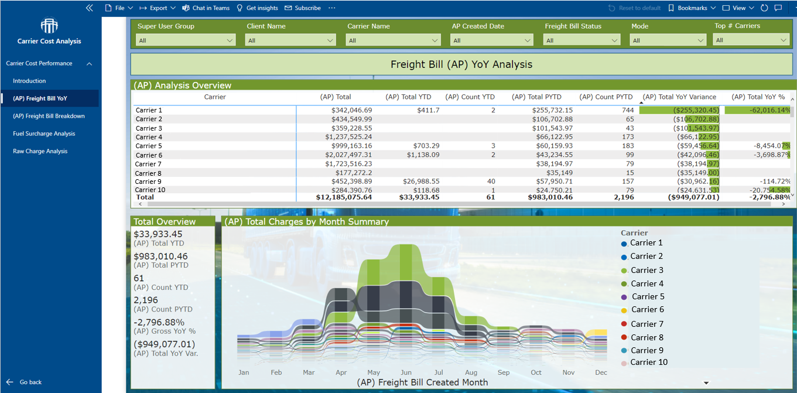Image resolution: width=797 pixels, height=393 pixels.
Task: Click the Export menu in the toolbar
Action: coord(158,8)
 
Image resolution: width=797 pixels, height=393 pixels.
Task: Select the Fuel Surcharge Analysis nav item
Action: coord(44,134)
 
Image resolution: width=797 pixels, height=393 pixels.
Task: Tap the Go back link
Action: coord(30,382)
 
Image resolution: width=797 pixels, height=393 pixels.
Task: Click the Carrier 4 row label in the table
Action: coord(149,137)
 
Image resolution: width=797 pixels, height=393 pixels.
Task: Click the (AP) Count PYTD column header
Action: coord(606,97)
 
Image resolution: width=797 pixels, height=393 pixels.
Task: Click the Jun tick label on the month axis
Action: coord(406,373)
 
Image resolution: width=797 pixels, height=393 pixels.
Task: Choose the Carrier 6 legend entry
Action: coord(647,310)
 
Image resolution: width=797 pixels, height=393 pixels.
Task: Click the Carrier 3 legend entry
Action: coord(647,270)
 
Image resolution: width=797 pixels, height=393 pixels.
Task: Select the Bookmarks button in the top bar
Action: coord(692,8)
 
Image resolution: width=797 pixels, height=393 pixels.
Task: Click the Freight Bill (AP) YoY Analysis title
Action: coord(461,64)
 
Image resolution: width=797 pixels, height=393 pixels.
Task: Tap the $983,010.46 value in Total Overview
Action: coord(160,257)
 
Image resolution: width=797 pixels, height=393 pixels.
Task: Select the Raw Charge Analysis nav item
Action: coord(40,151)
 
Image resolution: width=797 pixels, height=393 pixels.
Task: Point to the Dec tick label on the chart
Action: coord(601,373)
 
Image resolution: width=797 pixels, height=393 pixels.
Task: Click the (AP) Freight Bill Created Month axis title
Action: coord(422,382)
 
